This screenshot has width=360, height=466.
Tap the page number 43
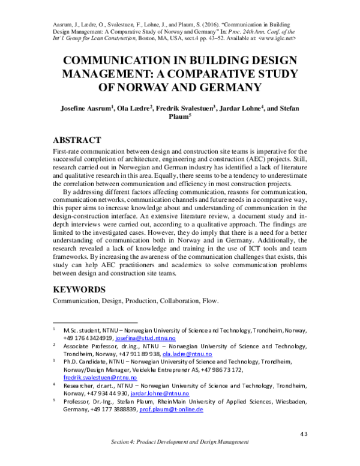pyautogui.click(x=303, y=434)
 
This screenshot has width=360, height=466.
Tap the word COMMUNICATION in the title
pyautogui.click(x=125, y=60)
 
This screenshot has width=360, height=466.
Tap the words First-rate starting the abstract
pyautogui.click(x=68, y=152)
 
